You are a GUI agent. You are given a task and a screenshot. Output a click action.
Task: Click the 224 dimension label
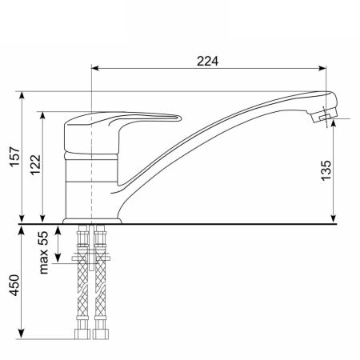coord(207,62)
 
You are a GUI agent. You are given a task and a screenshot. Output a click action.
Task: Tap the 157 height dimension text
coord(15,156)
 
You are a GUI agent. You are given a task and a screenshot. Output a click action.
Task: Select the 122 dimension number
coord(36,165)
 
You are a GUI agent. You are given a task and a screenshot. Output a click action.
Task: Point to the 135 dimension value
coord(326,170)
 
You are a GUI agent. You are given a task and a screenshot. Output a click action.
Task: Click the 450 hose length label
coord(15,286)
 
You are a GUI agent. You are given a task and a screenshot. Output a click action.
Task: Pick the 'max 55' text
coord(44,253)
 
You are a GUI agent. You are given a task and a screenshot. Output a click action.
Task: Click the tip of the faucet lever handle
coord(180,118)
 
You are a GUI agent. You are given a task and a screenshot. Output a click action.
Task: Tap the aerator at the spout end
coord(325,116)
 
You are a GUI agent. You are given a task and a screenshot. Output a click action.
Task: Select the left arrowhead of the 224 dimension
coord(95,68)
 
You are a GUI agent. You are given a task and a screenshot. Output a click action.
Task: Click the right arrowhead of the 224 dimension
coord(322,68)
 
